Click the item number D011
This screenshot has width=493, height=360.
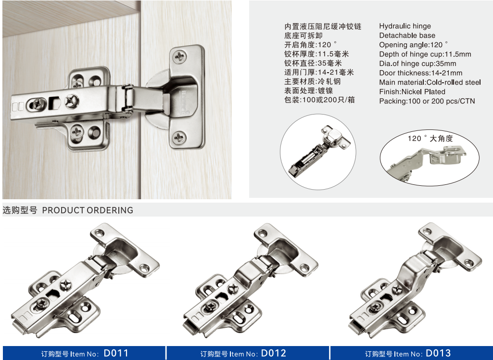tap(116, 353)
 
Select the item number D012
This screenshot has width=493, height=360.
tap(274, 353)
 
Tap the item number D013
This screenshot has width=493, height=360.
tap(438, 353)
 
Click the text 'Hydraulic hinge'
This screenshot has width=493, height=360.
tap(405, 26)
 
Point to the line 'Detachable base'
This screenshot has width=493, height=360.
tap(407, 35)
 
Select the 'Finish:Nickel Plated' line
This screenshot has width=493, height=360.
tap(412, 91)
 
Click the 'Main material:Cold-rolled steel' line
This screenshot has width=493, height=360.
tap(430, 82)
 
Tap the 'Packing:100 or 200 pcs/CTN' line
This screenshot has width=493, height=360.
tap(427, 101)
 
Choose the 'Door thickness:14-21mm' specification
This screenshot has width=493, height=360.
tap(421, 73)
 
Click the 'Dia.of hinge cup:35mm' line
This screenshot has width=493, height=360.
tap(417, 64)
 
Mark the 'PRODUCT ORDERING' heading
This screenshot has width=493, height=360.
tap(88, 210)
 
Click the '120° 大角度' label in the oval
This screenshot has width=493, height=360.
tap(430, 139)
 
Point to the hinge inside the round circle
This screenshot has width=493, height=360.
tap(319, 152)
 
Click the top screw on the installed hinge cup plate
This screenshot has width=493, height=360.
tap(180, 57)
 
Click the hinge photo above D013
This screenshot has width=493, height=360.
tap(416, 280)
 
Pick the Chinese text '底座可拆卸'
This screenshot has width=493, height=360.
tap(303, 36)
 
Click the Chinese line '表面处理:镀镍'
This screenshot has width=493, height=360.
tap(308, 90)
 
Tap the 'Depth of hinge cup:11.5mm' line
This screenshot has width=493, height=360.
tap(425, 54)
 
